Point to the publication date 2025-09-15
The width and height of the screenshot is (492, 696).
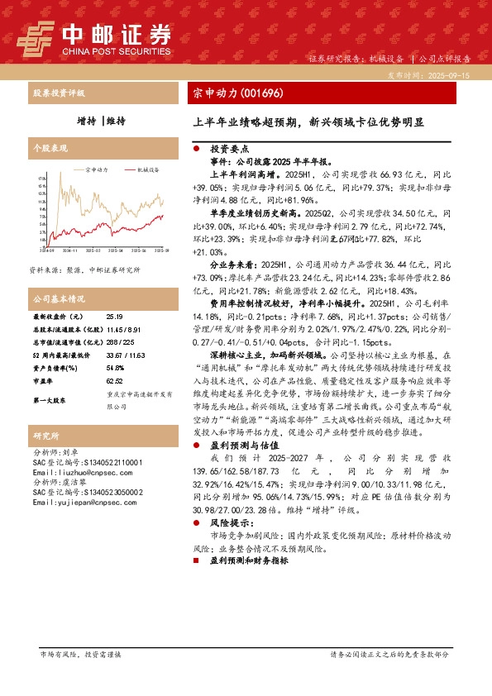[x=451, y=74]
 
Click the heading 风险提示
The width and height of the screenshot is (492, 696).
[x=222, y=524]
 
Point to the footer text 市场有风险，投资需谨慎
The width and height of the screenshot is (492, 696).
[x=80, y=654]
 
